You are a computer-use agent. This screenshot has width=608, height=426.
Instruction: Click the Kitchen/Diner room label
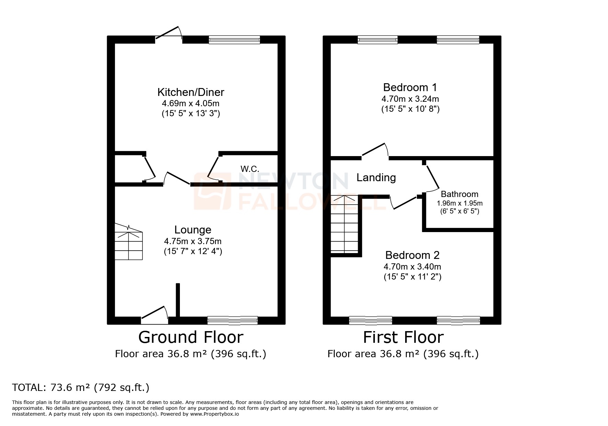click(x=191, y=92)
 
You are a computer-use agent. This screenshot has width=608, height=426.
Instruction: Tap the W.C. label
click(x=250, y=169)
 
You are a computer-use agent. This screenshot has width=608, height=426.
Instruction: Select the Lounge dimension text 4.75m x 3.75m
click(x=193, y=241)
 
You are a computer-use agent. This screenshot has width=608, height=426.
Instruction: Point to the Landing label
click(x=376, y=177)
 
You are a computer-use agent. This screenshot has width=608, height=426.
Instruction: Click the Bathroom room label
click(x=459, y=194)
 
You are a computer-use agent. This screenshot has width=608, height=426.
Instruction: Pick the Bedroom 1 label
click(x=410, y=87)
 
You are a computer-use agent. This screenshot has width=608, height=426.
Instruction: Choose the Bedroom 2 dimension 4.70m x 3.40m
click(x=412, y=266)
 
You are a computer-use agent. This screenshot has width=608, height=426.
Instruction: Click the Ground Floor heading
click(x=191, y=337)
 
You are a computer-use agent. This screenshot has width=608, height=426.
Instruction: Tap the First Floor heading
click(x=403, y=337)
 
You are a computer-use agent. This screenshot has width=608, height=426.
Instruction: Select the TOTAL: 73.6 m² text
click(x=81, y=387)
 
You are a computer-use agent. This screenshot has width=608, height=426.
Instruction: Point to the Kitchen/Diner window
click(x=234, y=40)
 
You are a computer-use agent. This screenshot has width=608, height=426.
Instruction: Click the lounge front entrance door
click(x=154, y=316)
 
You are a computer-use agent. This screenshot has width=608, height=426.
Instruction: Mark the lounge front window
click(x=232, y=320)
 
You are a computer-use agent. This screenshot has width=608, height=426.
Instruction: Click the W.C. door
click(x=213, y=167)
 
